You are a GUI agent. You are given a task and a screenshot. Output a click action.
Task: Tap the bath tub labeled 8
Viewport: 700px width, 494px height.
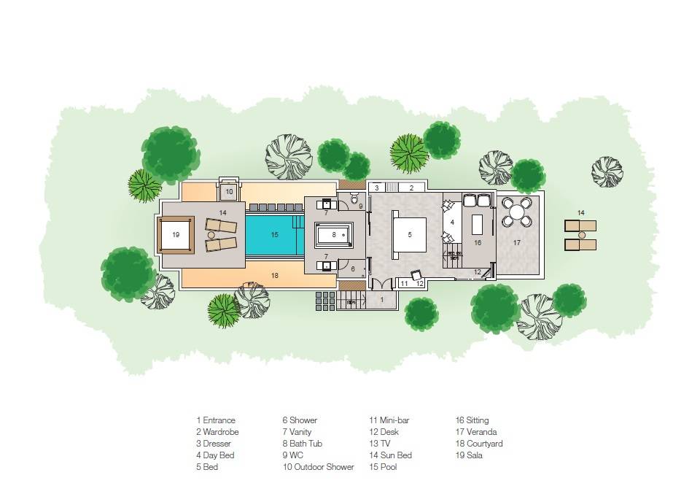point(333,235)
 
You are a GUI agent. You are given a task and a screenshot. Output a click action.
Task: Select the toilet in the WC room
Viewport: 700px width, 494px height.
point(355,198)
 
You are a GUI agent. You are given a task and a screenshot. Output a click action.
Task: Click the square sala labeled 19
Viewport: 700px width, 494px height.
point(175,235)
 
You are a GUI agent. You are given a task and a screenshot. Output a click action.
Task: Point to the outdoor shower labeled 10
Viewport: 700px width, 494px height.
point(229,192)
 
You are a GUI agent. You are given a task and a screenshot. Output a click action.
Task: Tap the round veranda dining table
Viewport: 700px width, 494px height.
point(517,212)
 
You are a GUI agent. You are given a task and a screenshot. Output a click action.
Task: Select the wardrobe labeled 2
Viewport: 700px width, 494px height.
point(411,188)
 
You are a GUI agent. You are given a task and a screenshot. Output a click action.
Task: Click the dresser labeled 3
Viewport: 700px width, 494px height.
point(376,188)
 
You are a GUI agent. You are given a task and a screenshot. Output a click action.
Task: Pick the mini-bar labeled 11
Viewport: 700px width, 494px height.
point(404,283)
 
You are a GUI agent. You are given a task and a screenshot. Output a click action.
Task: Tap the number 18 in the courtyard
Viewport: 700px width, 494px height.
point(274,276)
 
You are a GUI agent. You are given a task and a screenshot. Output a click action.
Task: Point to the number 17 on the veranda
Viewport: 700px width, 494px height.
point(517,242)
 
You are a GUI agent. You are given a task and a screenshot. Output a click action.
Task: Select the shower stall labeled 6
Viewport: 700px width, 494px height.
point(354,269)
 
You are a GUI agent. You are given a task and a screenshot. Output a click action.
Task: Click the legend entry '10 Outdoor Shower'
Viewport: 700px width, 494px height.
point(318,467)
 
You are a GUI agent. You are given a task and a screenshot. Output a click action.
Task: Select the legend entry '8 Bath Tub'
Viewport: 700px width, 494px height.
point(302,444)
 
